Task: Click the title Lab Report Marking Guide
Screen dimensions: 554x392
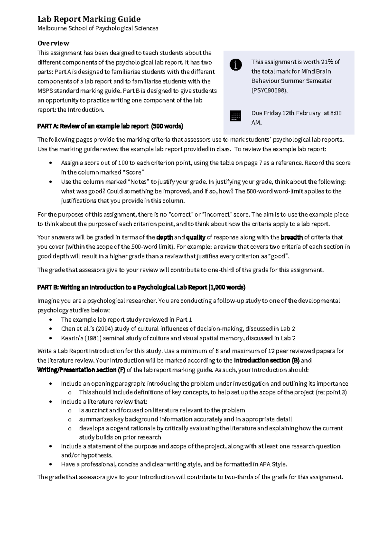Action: point(89,19)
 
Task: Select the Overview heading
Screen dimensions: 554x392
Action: point(53,43)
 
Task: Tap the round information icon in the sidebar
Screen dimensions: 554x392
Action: point(236,65)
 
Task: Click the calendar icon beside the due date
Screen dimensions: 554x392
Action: point(236,116)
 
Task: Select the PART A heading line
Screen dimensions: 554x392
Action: point(110,126)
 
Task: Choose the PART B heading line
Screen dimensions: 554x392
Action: point(141,287)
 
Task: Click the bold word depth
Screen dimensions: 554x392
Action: point(165,237)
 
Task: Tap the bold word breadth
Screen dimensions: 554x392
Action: point(292,237)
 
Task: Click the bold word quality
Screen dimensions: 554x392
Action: point(196,237)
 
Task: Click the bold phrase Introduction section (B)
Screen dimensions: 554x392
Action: point(267,360)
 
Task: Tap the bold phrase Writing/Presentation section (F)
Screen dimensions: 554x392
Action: point(81,370)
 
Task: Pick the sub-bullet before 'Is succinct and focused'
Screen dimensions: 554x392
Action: point(70,410)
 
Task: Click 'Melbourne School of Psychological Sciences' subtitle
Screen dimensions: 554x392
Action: point(98,28)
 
